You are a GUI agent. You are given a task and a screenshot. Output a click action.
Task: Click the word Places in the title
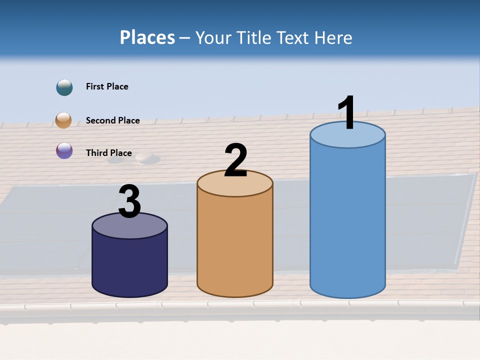pos(147,37)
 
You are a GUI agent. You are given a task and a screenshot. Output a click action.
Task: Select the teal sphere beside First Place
pos(64,87)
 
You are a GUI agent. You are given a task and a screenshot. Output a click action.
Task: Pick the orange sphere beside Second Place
pos(64,120)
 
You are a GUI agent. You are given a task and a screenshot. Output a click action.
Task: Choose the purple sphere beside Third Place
pos(64,150)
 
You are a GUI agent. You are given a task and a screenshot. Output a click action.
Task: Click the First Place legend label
pos(107,86)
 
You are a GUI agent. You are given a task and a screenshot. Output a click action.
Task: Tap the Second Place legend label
pos(112,120)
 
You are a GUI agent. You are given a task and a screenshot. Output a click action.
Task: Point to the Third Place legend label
pos(108,153)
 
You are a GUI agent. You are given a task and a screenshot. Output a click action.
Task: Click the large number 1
pos(346,112)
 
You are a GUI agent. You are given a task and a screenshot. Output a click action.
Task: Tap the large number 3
pos(129,201)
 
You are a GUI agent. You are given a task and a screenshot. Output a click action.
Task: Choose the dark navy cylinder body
pos(129,265)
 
